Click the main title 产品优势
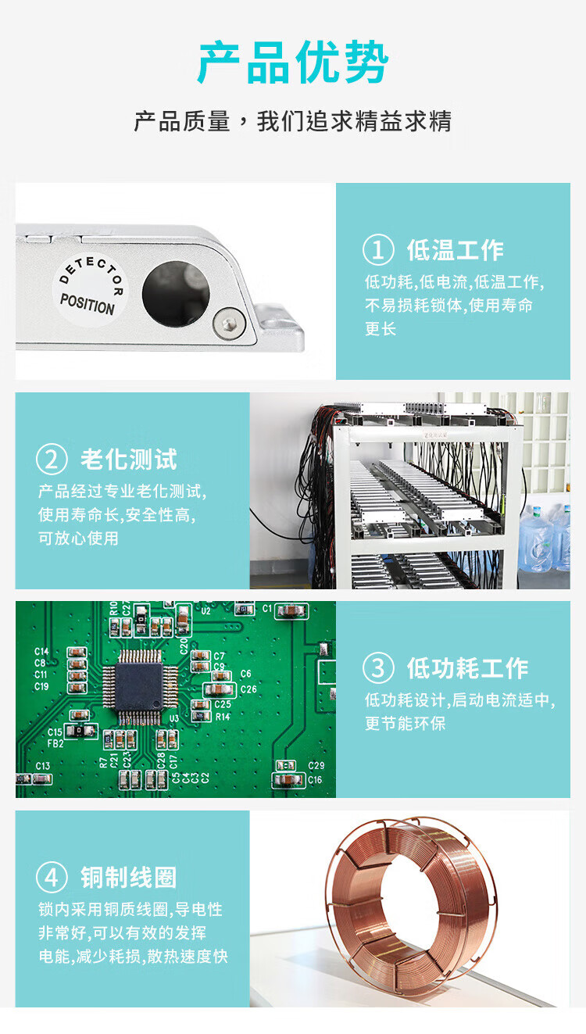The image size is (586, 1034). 294,63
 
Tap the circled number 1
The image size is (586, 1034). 378,250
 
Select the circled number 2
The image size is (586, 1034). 52,460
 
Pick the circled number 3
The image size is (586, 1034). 378,668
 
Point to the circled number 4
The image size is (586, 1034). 52,877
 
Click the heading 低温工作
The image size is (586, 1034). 455,250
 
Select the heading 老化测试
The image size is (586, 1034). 129,460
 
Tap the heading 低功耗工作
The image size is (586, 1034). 467,668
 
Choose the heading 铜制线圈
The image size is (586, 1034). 129,878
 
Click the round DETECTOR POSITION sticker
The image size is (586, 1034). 90,289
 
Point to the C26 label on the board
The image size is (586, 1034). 248,689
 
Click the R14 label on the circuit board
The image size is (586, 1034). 223,717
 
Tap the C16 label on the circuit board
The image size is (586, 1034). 316,780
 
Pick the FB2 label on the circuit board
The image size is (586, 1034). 55,743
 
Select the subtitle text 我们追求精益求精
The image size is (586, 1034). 355,121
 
